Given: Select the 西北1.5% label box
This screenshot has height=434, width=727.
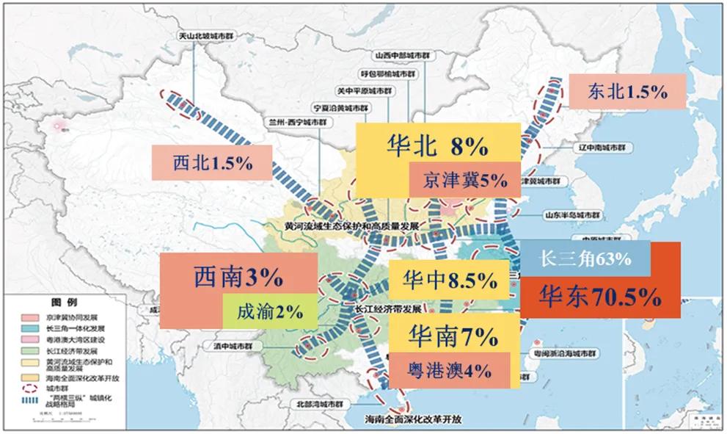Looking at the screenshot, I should coord(211,163).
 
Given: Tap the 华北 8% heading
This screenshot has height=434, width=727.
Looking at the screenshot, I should coord(437,146).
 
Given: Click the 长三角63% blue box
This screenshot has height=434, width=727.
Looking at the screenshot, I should coord(585,258).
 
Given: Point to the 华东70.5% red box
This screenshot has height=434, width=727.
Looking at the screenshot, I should coord(600,297).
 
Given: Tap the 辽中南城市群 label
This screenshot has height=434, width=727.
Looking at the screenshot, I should coord(604,148).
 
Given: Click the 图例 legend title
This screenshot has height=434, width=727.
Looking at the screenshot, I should coord(62,302).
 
